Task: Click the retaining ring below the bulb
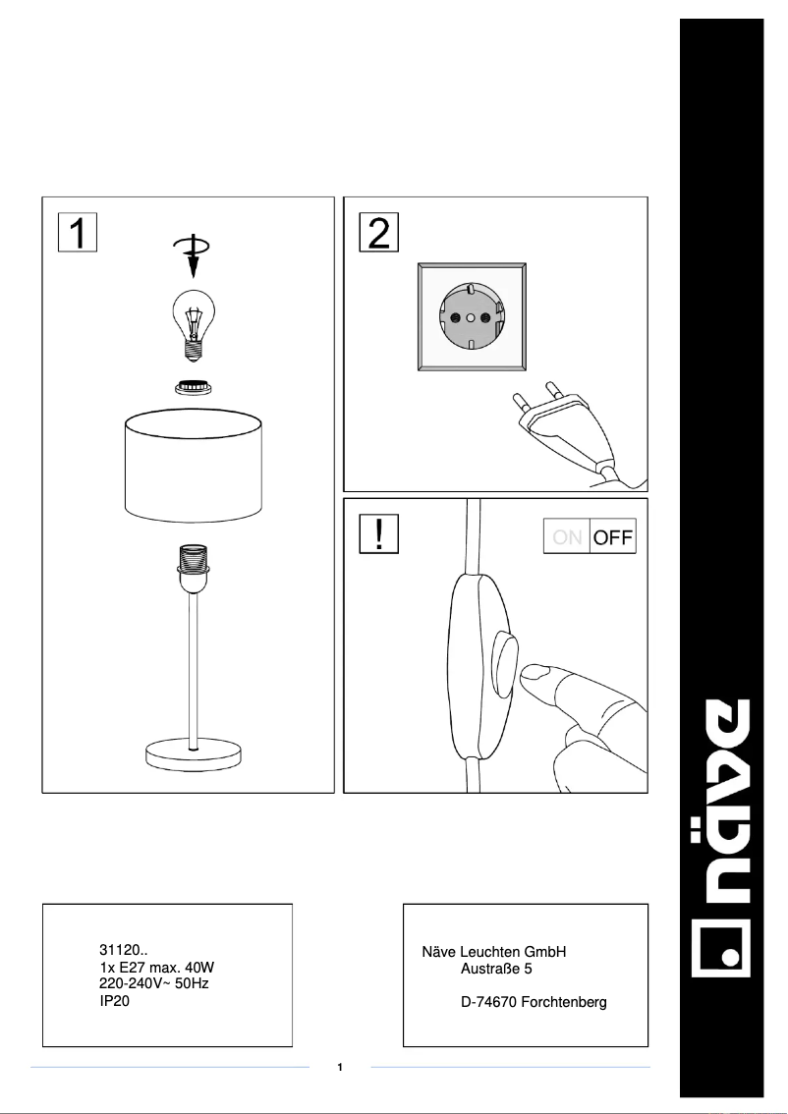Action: point(194,387)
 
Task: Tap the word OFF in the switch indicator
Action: point(612,537)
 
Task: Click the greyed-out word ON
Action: point(567,537)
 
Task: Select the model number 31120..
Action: point(124,951)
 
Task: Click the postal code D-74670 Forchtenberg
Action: point(533,1002)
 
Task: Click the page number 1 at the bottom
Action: point(339,1067)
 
